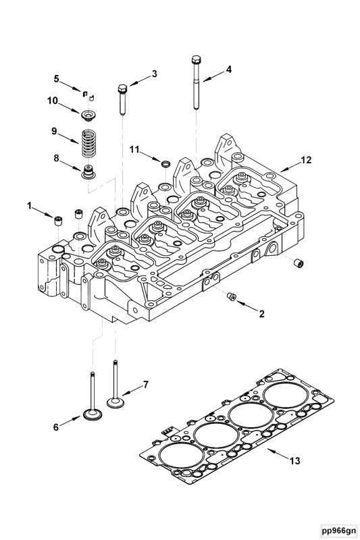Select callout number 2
click(x=261, y=313)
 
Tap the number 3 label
click(x=154, y=74)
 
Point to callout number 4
click(x=228, y=69)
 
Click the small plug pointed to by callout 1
click(x=58, y=219)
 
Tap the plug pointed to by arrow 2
click(x=231, y=296)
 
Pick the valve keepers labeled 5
click(x=87, y=93)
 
